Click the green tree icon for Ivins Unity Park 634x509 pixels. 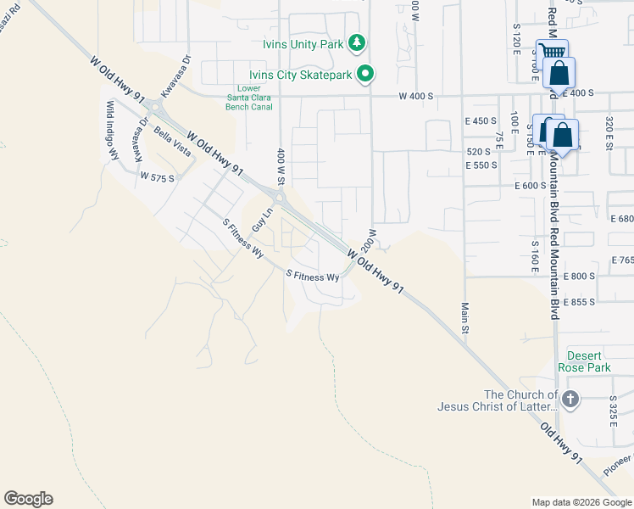(358, 42)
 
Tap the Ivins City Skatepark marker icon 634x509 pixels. (365, 75)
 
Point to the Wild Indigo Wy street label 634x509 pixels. (110, 130)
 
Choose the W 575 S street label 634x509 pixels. (157, 178)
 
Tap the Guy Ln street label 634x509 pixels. (262, 219)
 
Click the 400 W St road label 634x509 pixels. (281, 165)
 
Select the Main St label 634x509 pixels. (464, 317)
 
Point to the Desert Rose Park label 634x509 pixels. (584, 362)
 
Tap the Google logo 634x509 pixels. (28, 499)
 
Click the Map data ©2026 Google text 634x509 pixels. (581, 502)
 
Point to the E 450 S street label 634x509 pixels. (481, 121)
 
